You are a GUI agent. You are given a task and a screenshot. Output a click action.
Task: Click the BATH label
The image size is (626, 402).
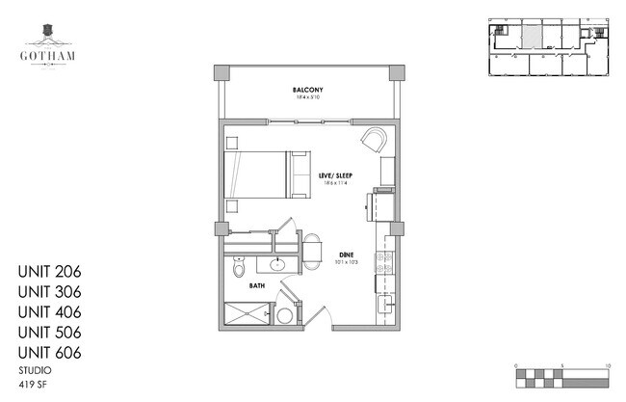pyautogui.click(x=257, y=285)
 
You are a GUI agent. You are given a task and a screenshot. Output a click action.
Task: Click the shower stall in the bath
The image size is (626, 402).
pyautogui.click(x=248, y=313)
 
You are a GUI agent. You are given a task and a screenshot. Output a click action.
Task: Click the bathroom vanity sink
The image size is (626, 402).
pyautogui.click(x=277, y=262)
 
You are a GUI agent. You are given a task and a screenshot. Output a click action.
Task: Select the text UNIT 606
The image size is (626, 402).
pyautogui.click(x=48, y=353)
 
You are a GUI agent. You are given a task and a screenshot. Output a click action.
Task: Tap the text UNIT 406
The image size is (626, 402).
pyautogui.click(x=48, y=312)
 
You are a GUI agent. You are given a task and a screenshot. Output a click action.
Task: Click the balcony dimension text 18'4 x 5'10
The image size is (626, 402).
pyautogui.click(x=306, y=98)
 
